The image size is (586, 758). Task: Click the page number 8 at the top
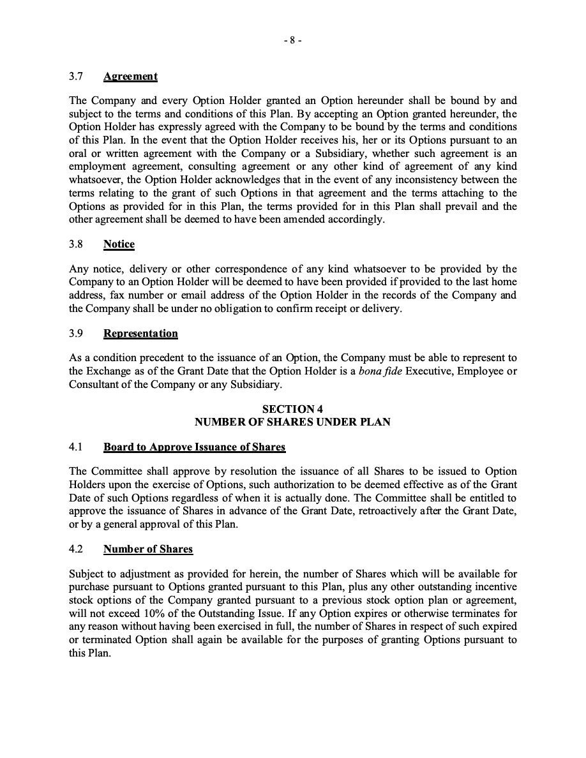pos(292,40)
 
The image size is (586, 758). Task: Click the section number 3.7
pos(77,77)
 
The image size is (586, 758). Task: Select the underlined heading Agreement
pos(130,77)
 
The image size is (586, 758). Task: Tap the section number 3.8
pos(77,244)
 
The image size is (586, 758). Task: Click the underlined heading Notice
pos(119,244)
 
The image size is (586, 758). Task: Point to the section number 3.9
pos(77,333)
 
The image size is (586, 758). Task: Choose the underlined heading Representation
pos(140,333)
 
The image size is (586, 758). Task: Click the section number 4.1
pos(77,447)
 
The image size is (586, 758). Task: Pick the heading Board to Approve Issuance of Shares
pos(194,447)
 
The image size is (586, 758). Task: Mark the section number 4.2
pos(77,549)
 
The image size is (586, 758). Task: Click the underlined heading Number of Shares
pos(148,549)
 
